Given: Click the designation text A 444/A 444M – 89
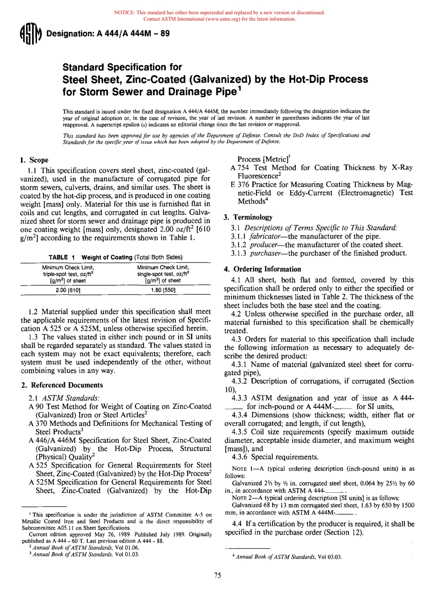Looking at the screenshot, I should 108,33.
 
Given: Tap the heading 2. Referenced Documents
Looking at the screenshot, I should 62,385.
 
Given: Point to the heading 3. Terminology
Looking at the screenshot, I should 248,217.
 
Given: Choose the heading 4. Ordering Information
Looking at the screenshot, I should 262,269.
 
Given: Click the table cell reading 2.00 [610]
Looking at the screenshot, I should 68,290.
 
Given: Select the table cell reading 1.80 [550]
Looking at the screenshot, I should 163,290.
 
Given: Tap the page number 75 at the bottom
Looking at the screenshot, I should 217,576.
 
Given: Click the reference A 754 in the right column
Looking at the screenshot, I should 239,168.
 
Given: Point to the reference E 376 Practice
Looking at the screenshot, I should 239,185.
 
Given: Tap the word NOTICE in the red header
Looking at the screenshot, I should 124,12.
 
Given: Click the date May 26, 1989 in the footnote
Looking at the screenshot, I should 105,534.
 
